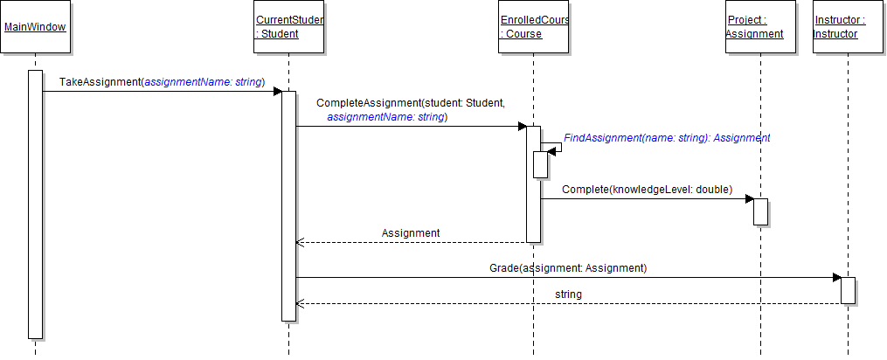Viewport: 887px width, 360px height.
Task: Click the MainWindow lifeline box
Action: coord(35,27)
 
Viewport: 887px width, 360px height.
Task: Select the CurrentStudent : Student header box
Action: coord(288,27)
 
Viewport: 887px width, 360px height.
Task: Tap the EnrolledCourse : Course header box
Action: coord(532,27)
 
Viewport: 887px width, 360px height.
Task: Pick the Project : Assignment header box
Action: coord(759,27)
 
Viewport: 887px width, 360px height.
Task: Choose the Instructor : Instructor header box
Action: coord(847,27)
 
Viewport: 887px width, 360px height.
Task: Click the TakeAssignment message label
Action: coord(162,82)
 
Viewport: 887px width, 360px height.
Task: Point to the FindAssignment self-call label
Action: coord(667,138)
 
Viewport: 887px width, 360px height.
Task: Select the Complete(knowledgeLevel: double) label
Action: coord(647,189)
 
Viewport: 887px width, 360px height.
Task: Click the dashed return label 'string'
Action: coord(568,294)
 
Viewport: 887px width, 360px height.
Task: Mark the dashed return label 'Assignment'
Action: coord(411,233)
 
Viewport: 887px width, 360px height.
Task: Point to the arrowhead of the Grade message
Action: coord(836,278)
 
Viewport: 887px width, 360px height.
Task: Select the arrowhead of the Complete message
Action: coord(749,199)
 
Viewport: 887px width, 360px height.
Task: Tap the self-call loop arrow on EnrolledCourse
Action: coord(556,147)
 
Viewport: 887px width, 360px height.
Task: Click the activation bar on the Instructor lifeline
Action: coord(848,291)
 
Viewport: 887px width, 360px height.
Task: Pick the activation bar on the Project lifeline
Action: coord(760,211)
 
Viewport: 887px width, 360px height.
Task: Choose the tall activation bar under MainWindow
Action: coord(35,204)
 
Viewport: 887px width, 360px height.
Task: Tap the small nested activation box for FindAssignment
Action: coord(540,164)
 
